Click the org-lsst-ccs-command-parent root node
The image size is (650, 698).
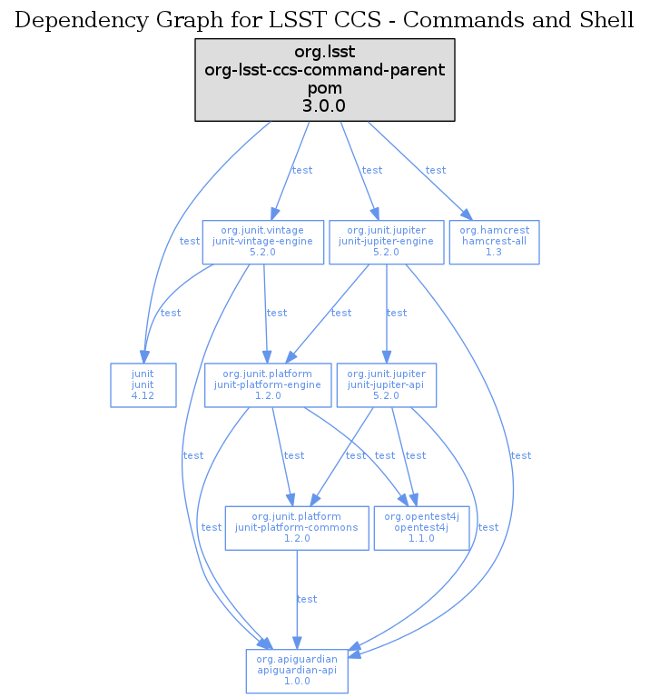point(324,79)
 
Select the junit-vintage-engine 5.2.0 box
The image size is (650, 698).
point(262,242)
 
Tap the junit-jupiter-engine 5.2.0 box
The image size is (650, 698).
point(387,242)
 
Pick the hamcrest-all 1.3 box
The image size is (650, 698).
point(494,242)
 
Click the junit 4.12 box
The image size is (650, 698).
point(143,385)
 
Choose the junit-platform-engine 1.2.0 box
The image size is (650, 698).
point(267,385)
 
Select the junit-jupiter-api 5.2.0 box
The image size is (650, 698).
point(387,385)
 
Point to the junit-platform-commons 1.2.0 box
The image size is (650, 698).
point(297,528)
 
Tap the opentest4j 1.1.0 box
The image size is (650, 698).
point(421,528)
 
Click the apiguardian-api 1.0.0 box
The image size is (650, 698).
point(297,671)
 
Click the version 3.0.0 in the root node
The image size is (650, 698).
point(324,105)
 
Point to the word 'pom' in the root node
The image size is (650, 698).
point(324,89)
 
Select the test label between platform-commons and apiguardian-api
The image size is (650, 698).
point(307,599)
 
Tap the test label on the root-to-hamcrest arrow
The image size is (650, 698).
point(436,170)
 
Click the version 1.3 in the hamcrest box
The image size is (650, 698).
point(494,253)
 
